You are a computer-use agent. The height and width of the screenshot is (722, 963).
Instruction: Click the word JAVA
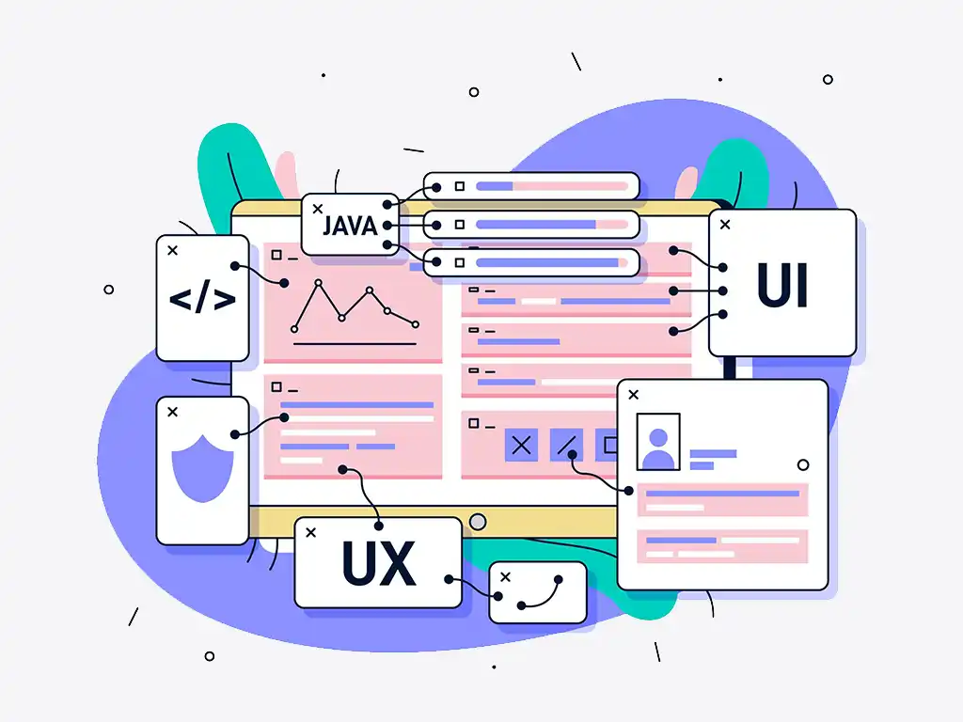click(x=350, y=227)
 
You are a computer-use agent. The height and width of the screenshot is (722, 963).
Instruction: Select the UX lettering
click(x=378, y=564)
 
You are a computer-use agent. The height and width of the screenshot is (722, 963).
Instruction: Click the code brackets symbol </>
click(x=202, y=300)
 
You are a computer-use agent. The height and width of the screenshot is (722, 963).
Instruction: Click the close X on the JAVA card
click(x=317, y=208)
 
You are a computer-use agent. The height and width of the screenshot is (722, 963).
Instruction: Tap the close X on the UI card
click(x=725, y=224)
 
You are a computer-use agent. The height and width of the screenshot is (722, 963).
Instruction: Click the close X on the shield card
click(x=172, y=412)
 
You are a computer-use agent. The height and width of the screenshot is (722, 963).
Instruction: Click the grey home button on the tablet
click(x=478, y=522)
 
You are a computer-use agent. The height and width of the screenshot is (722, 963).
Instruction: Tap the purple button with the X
click(x=521, y=446)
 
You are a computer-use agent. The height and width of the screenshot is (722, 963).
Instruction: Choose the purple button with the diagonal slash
click(x=566, y=446)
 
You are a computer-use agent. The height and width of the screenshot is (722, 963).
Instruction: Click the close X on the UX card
click(x=311, y=532)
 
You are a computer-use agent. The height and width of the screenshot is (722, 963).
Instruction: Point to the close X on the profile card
click(x=633, y=395)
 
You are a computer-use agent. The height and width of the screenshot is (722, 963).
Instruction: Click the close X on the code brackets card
click(x=172, y=250)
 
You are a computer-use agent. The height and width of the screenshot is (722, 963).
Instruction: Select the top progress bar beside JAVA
click(x=551, y=186)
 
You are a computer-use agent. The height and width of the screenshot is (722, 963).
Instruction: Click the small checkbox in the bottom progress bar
click(x=460, y=262)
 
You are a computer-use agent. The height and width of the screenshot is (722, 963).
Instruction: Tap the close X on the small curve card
click(x=505, y=576)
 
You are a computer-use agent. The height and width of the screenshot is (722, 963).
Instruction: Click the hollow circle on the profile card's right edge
click(x=802, y=464)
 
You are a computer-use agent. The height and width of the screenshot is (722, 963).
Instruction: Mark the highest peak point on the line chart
click(x=318, y=282)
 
